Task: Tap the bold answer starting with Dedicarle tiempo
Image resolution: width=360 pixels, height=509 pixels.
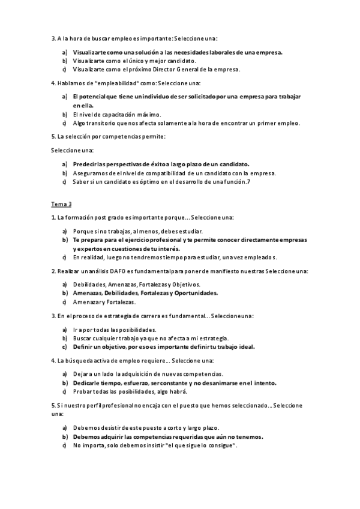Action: (x=175, y=383)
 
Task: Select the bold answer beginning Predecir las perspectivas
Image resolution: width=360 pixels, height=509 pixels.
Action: (x=161, y=164)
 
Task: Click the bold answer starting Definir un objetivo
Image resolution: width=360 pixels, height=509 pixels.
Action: (x=164, y=347)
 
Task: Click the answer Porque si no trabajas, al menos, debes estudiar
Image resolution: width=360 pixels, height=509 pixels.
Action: (x=137, y=231)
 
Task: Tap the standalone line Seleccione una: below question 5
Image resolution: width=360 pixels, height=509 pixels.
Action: (x=73, y=150)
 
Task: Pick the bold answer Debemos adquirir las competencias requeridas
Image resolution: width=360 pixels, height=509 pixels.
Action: (x=168, y=437)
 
